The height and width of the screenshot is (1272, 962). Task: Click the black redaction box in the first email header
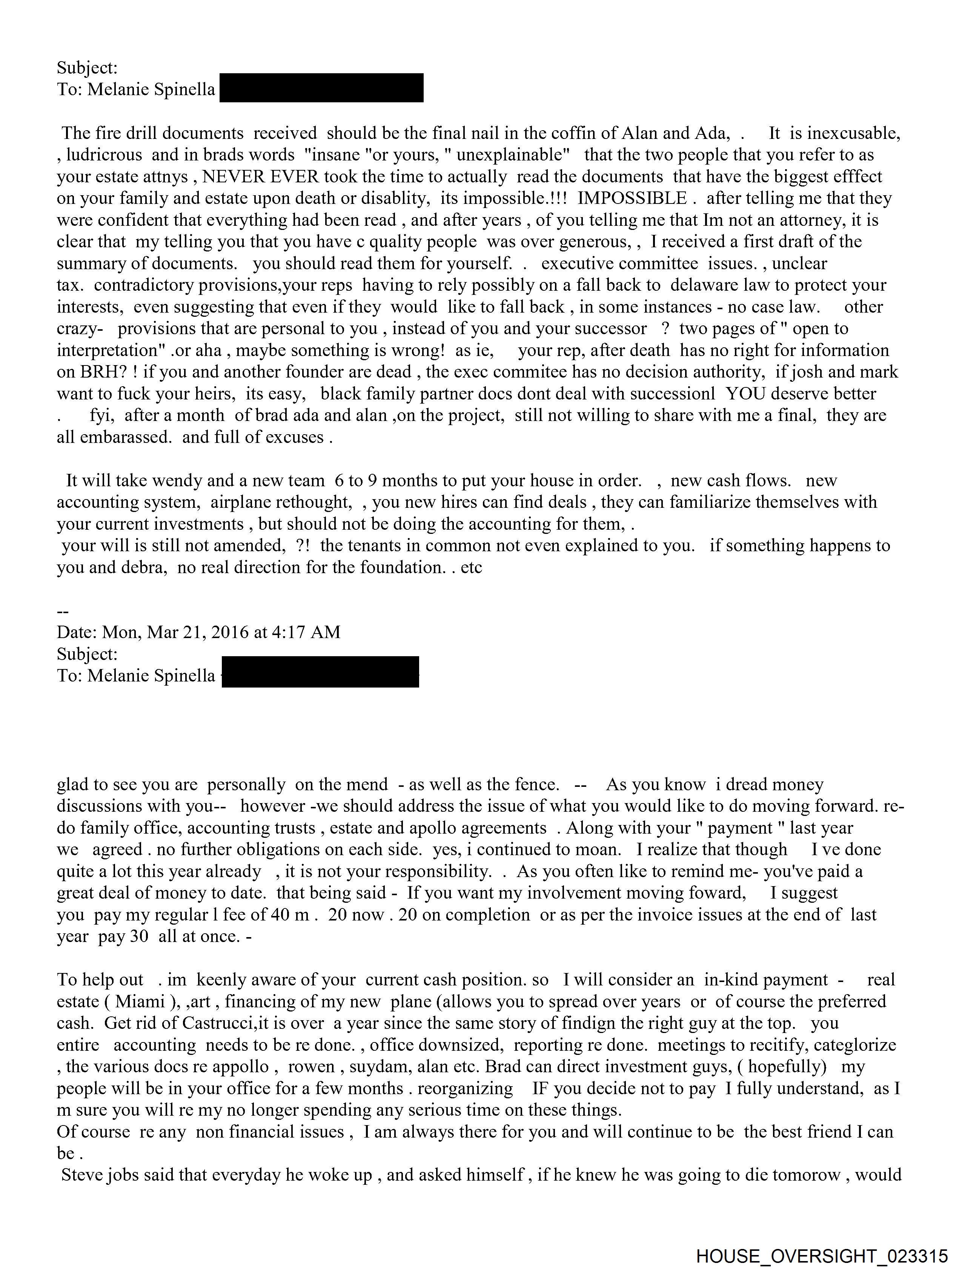(321, 88)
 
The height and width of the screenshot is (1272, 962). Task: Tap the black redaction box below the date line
(320, 672)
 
